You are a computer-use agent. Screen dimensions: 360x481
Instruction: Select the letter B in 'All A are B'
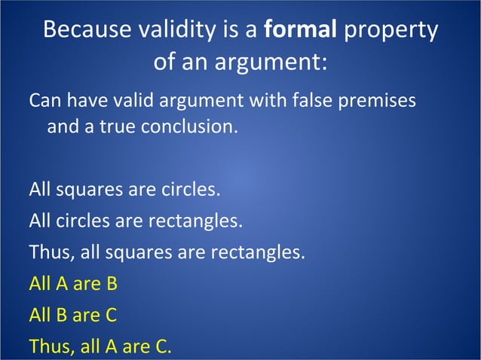click(x=111, y=284)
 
